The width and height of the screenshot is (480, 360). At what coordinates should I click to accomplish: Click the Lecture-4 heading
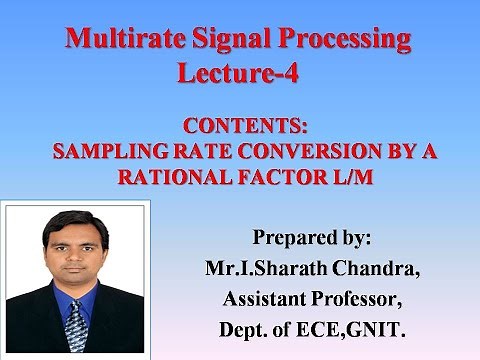pyautogui.click(x=238, y=72)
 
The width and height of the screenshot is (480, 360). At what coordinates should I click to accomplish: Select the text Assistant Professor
pyautogui.click(x=311, y=297)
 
